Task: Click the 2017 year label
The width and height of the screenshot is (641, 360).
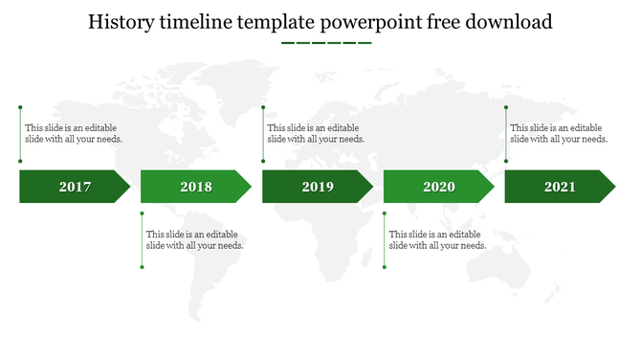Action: [75, 187]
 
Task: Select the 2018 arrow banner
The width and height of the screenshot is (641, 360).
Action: [191, 187]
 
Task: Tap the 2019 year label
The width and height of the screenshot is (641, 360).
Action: [318, 187]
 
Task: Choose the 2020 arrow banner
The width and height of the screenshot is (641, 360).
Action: [434, 187]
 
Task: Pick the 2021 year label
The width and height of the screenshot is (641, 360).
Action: [560, 187]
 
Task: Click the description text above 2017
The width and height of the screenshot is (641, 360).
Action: [74, 133]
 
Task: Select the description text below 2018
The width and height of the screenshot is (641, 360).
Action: [194, 239]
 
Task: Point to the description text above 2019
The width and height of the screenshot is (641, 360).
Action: [316, 133]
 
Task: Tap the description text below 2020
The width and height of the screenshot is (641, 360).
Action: [437, 239]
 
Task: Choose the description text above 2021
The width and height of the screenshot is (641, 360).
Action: [559, 133]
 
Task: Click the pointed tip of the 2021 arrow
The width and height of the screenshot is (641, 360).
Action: [613, 187]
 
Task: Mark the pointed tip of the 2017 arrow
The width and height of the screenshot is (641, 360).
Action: [127, 187]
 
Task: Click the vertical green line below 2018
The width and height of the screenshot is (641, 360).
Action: [142, 239]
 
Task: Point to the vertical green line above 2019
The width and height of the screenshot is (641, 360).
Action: [263, 134]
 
